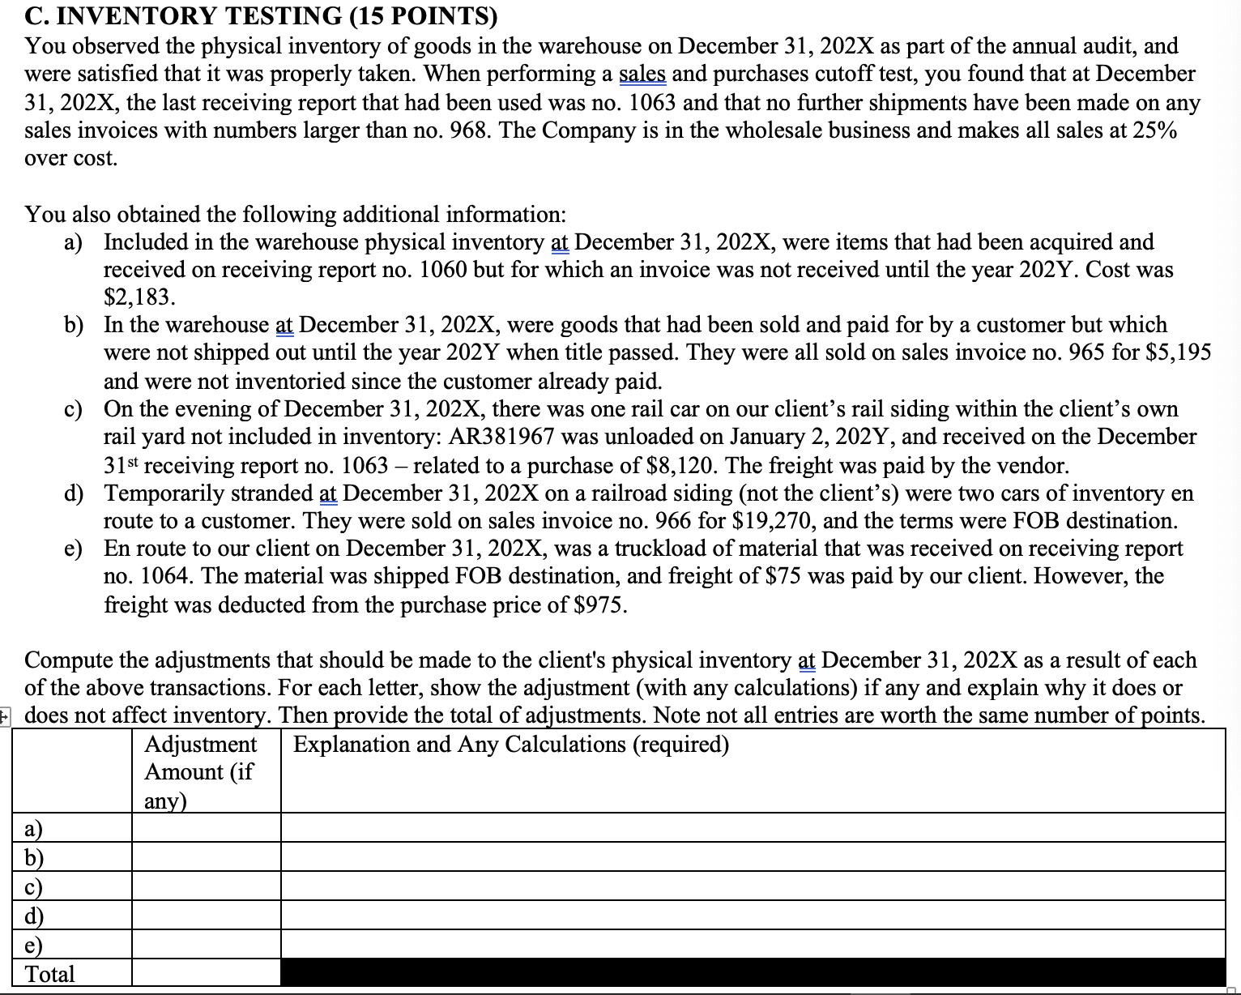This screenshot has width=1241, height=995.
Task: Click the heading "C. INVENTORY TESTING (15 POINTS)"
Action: pos(261,15)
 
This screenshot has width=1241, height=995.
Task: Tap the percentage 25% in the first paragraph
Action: pos(1154,130)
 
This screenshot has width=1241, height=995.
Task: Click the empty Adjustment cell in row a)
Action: pos(206,828)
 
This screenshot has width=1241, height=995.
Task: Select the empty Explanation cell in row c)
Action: pos(753,886)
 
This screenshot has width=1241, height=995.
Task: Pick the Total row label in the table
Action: pos(50,974)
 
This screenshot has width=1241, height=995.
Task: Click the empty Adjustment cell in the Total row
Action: pos(206,973)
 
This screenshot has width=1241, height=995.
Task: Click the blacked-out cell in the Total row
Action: pos(753,973)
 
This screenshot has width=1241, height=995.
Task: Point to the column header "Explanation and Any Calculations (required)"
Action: pos(511,745)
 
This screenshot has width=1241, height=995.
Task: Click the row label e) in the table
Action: pos(34,945)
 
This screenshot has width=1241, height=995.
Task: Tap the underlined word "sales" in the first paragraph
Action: pos(642,74)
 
